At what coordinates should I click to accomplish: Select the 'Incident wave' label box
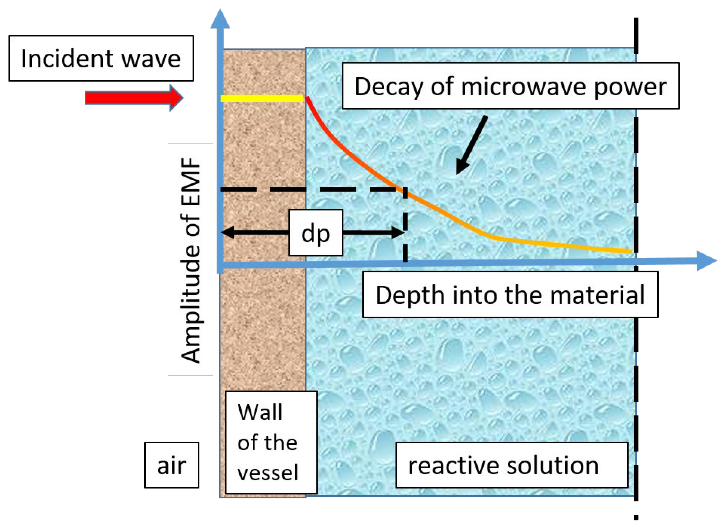(x=101, y=58)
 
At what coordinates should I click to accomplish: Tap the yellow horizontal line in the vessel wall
(x=262, y=99)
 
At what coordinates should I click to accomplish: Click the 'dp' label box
(x=316, y=233)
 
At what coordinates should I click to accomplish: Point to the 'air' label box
(x=172, y=465)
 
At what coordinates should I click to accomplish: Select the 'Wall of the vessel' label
(x=271, y=442)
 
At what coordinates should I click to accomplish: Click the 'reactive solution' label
(x=511, y=465)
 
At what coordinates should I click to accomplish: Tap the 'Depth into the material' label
(x=510, y=295)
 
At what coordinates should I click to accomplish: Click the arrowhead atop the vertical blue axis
(x=220, y=19)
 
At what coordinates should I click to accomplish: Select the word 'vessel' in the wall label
(x=268, y=472)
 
